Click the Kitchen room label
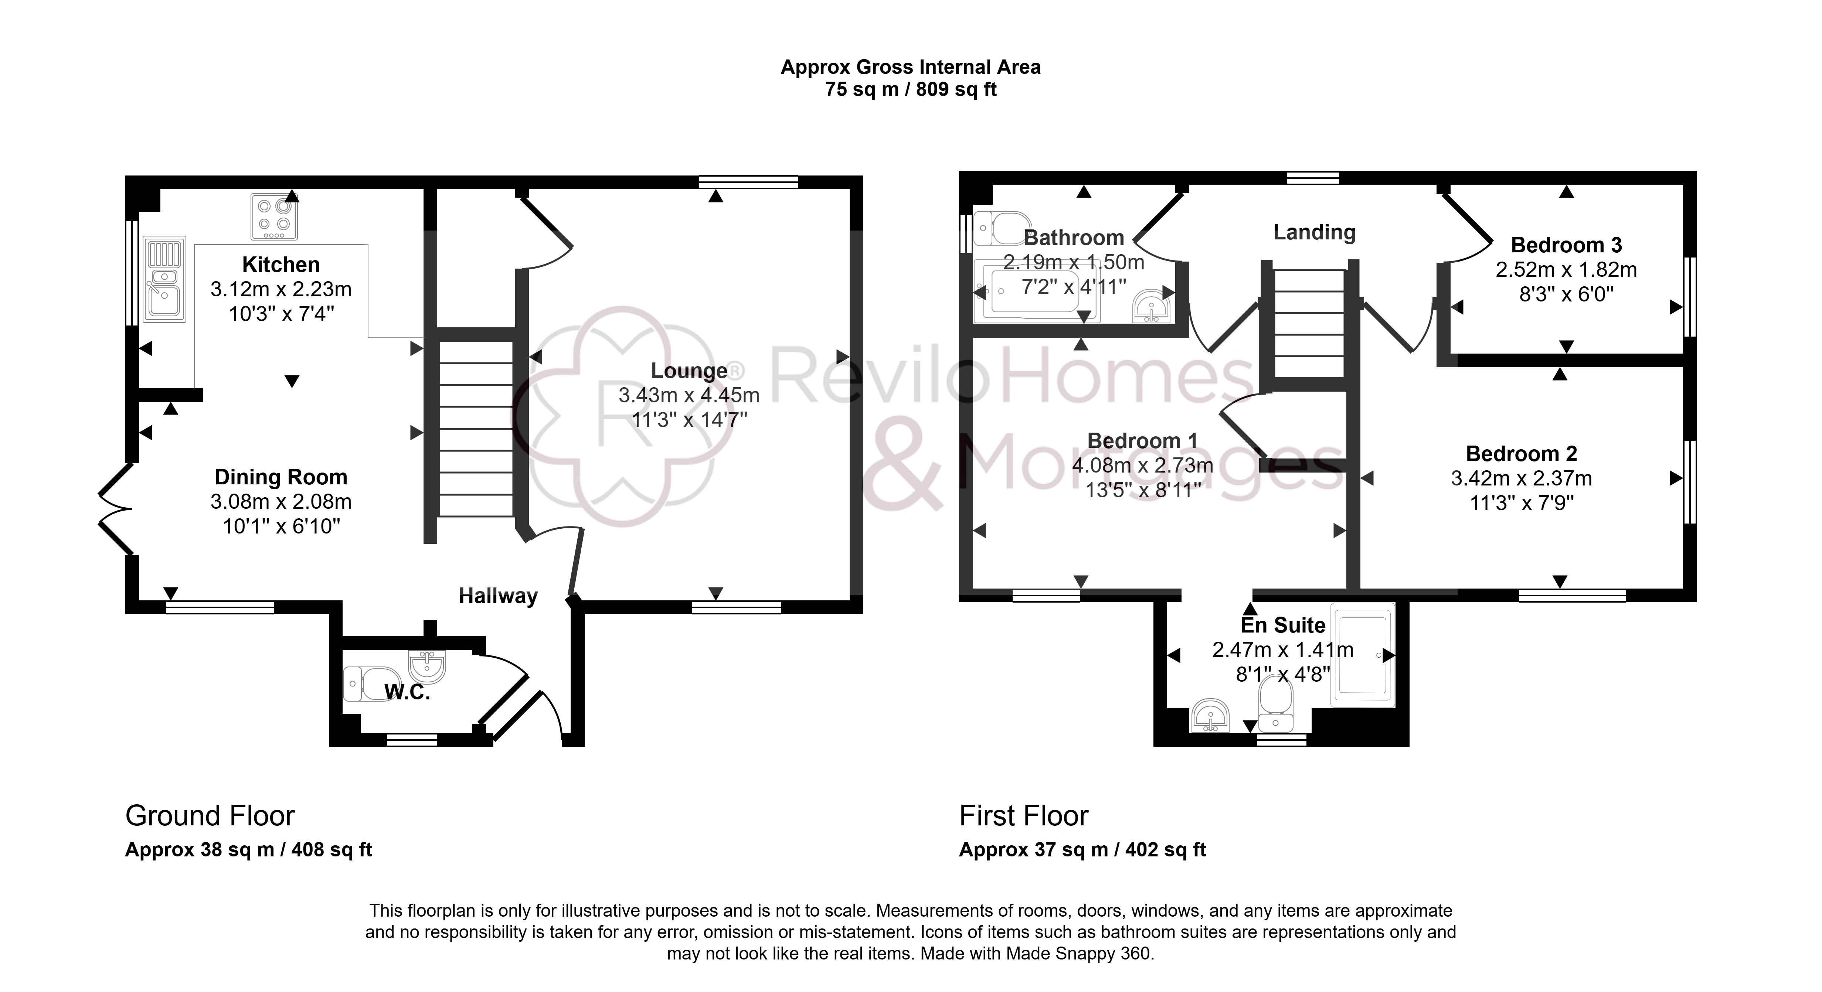281,265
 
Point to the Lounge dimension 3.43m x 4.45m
689,395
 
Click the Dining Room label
281,477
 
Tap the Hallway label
498,596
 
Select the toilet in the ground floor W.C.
372,684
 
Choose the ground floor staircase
476,429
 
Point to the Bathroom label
1074,238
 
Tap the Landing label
1314,232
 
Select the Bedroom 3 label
1566,245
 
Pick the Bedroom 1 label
1142,440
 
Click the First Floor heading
1023,816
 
